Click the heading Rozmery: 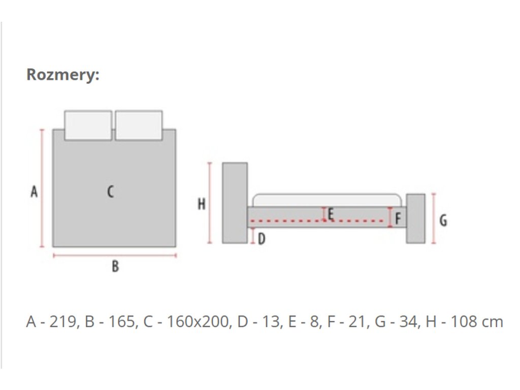pos(63,75)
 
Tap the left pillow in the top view pos(88,125)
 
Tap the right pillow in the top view pos(139,125)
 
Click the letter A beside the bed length pos(34,192)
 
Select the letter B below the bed pos(115,266)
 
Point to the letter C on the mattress pos(110,192)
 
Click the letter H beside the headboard pos(202,204)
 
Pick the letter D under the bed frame pos(262,238)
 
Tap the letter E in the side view pos(331,214)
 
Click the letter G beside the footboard pos(443,220)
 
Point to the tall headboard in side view pos(235,203)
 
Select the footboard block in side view pos(415,218)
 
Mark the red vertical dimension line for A pos(42,188)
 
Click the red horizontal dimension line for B pos(115,255)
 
